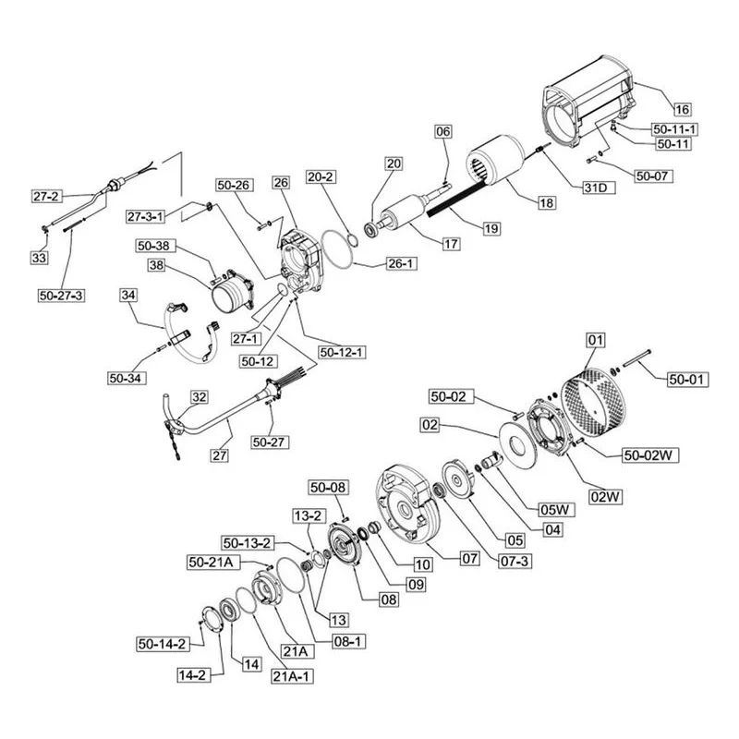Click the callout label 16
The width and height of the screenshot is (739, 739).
pos(682,109)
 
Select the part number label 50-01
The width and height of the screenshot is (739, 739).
pos(687,380)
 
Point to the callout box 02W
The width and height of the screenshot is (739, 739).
pos(606,497)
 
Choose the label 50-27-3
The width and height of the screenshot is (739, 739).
pos(62,296)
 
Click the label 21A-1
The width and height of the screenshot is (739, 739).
pos(292,676)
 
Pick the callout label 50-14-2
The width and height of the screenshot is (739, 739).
pos(163,644)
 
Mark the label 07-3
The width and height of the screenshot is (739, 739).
pos(515,561)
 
